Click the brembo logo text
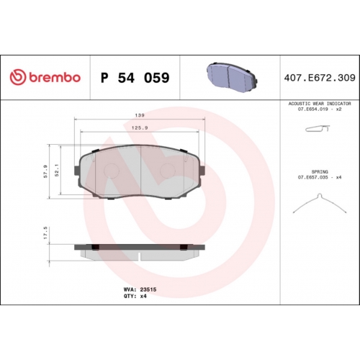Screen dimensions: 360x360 [x=55, y=78]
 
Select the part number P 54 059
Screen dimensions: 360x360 [x=135, y=78]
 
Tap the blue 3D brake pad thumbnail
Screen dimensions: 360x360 [x=232, y=77]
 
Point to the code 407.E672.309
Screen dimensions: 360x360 [x=320, y=78]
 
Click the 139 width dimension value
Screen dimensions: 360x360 [x=140, y=115]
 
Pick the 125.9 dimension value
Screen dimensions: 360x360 [x=140, y=128]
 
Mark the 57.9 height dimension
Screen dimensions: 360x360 [x=45, y=171]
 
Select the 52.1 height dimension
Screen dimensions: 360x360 [x=57, y=171]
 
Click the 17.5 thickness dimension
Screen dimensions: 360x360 [x=45, y=233]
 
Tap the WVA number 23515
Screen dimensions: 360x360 [x=148, y=289]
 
